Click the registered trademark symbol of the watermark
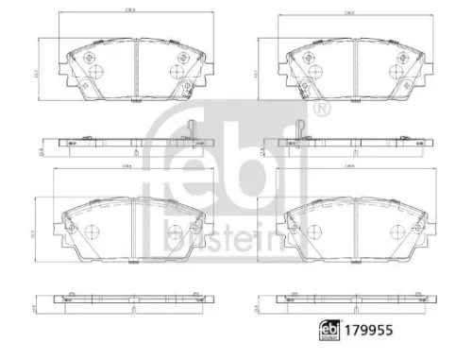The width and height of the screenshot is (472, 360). pos(323,111)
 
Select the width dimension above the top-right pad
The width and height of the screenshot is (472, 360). pos(348,12)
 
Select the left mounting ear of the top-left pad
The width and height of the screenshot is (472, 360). pos(62,68)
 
